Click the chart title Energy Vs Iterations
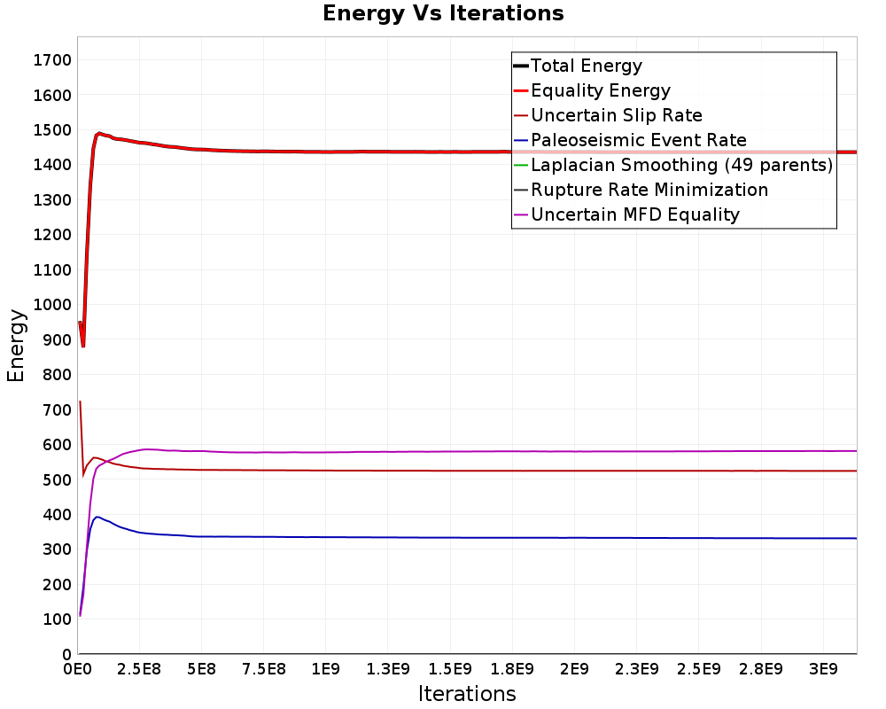[x=443, y=13]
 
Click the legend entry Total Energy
[x=586, y=66]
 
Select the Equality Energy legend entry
[x=600, y=90]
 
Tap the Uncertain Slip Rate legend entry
[x=616, y=115]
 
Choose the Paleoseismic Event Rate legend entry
[x=638, y=140]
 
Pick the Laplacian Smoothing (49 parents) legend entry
[x=680, y=165]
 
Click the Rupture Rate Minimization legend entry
[x=649, y=190]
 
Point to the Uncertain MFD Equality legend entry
[x=634, y=214]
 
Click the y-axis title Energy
[x=15, y=345]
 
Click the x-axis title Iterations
[x=467, y=693]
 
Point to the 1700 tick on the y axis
[x=53, y=60]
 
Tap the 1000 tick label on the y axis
[x=53, y=305]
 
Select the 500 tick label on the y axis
[x=58, y=479]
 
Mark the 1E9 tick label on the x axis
[x=326, y=666]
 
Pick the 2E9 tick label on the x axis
[x=574, y=666]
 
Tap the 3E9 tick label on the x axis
[x=823, y=666]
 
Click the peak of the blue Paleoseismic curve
[x=97, y=517]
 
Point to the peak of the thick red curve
[x=99, y=133]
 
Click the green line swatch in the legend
[x=520, y=165]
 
